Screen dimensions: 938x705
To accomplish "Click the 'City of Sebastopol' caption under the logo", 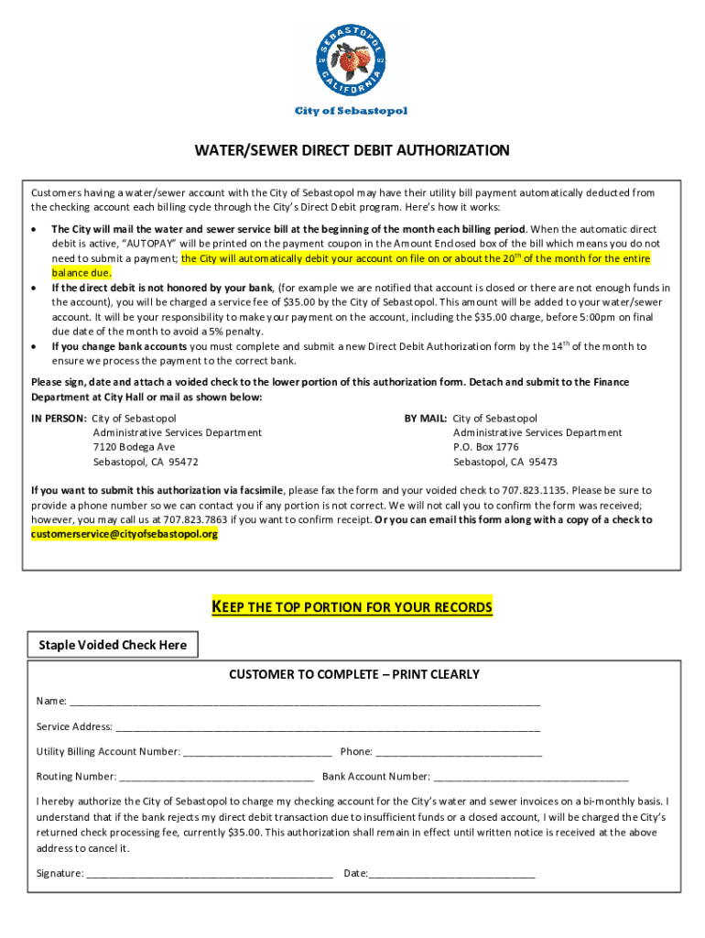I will (x=351, y=111).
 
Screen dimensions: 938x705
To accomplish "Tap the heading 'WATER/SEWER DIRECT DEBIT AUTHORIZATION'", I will (x=352, y=150).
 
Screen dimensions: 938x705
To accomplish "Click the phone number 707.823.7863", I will (x=195, y=519).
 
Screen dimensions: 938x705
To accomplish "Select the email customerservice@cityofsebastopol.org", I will (x=125, y=534).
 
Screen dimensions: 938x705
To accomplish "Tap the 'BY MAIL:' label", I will (x=426, y=418).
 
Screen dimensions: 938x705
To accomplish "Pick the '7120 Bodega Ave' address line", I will (x=134, y=447).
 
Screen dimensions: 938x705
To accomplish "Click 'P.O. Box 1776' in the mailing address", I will (x=485, y=447).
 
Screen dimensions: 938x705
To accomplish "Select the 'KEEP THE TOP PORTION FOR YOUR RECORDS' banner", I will (x=352, y=607).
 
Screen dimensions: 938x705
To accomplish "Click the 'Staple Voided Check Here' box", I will (x=113, y=645).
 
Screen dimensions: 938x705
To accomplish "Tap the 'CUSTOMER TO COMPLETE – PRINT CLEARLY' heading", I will (x=353, y=674).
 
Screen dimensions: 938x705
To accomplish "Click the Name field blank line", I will (x=305, y=703).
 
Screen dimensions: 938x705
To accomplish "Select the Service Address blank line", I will (x=328, y=728).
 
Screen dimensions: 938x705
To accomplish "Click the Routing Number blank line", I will (x=217, y=778).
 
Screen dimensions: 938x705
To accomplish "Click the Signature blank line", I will (x=210, y=875).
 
